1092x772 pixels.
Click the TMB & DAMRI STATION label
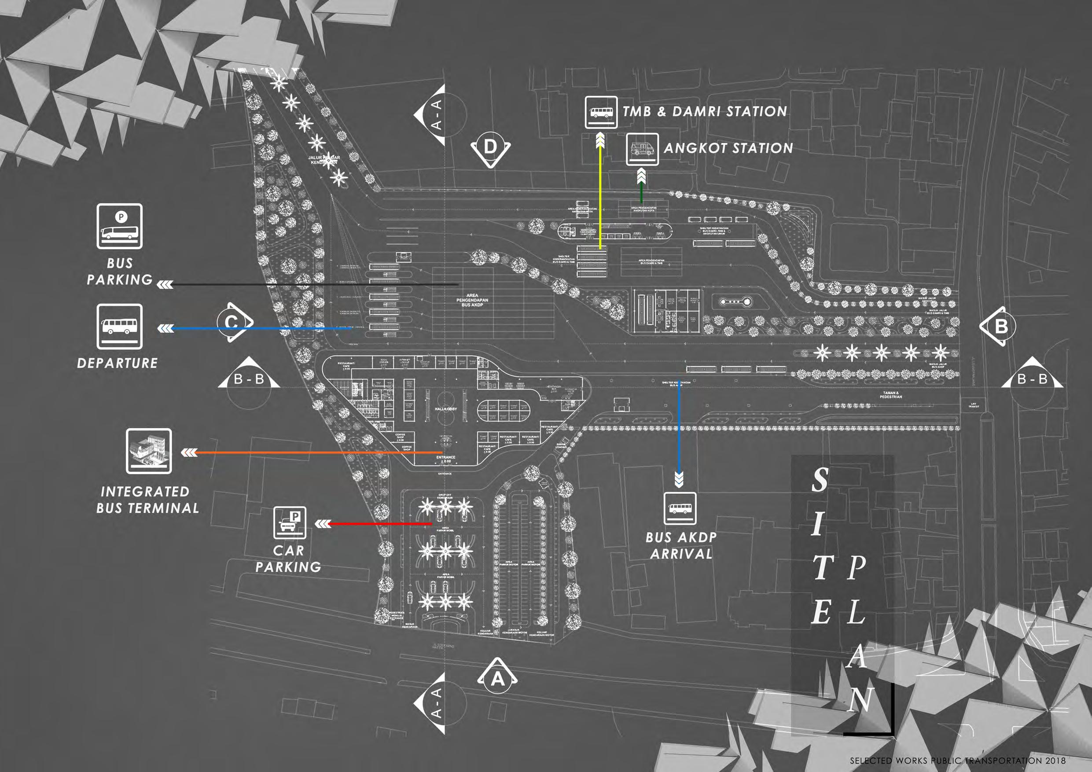(705, 112)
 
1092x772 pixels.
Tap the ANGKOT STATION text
(728, 148)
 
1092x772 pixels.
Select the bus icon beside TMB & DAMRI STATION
(601, 112)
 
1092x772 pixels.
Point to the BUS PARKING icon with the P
(119, 226)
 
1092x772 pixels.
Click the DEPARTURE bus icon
(119, 326)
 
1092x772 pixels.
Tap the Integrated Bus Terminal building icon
(148, 451)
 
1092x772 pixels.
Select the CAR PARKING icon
(290, 523)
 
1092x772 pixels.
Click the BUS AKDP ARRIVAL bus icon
(680, 508)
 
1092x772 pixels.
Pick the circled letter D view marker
(490, 147)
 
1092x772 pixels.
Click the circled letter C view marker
(232, 322)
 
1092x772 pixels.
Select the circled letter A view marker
(497, 679)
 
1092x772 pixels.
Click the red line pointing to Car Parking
(380, 524)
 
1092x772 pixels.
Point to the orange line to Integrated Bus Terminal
(319, 452)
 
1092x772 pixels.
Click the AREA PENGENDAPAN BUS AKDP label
(472, 300)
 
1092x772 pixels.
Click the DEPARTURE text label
(118, 364)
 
